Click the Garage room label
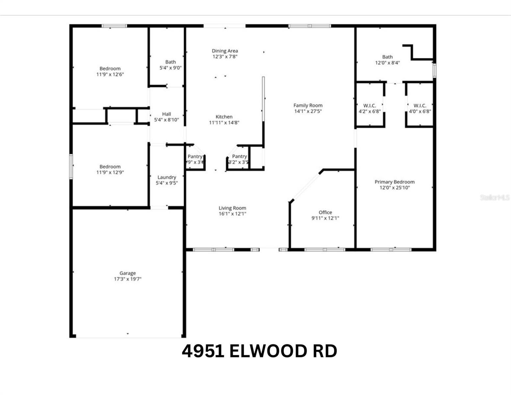(x=127, y=273)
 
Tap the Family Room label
(x=308, y=105)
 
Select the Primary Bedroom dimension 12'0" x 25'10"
(x=395, y=188)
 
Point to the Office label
(x=325, y=212)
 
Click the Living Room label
(x=232, y=208)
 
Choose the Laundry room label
(x=166, y=177)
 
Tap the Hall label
(x=166, y=114)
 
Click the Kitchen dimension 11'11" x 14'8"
(x=224, y=123)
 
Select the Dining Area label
(x=225, y=51)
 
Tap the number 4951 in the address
(x=203, y=351)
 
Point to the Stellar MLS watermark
(x=495, y=197)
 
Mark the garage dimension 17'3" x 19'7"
(x=127, y=279)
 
